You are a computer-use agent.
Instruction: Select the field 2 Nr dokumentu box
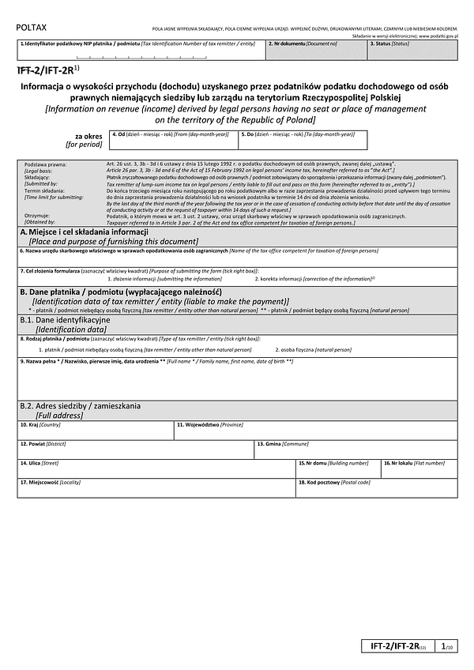coord(316,51)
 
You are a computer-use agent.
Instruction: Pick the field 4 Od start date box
coord(173,140)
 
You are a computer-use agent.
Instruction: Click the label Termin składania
coord(43,190)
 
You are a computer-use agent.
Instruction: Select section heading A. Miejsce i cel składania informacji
coord(79,231)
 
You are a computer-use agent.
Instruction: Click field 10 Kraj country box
coord(96,430)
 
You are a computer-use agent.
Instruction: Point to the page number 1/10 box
coord(447,646)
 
